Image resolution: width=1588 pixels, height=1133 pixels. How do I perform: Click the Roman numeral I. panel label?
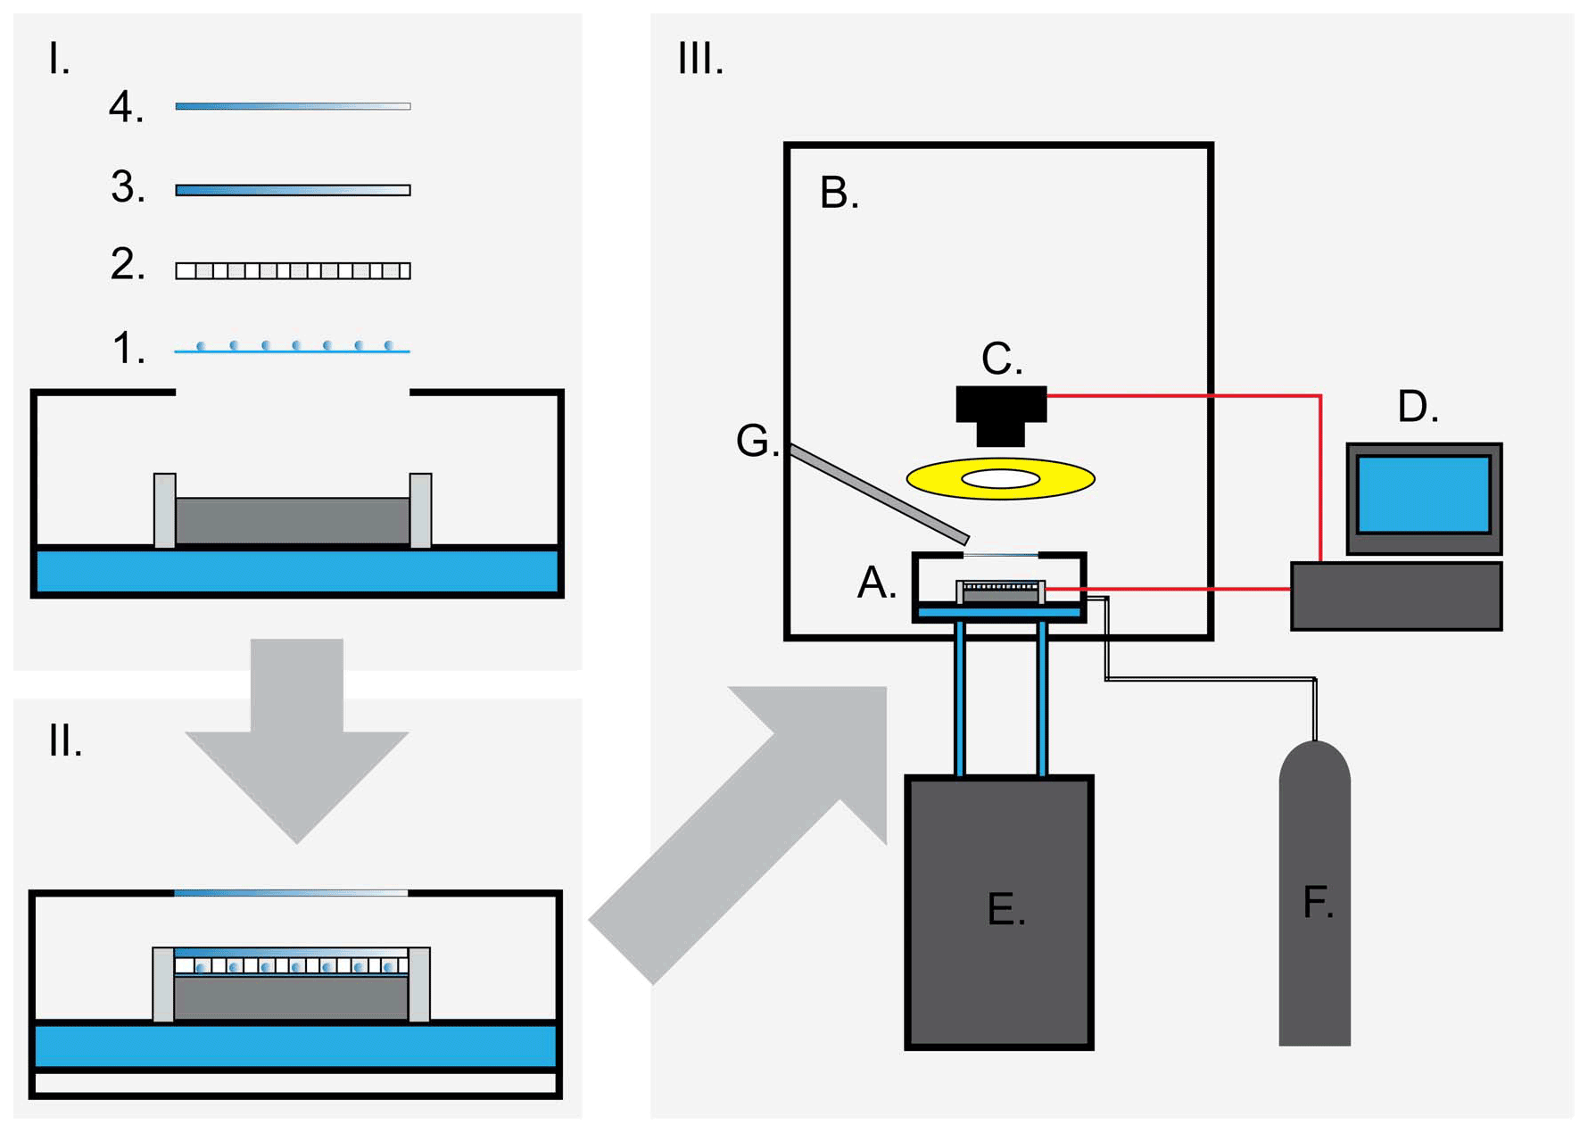(59, 60)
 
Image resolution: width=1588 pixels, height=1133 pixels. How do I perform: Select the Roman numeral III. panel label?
(700, 60)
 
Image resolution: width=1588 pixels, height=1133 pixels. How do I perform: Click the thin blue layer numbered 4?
(293, 106)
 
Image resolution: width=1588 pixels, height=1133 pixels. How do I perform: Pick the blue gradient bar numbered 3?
(293, 190)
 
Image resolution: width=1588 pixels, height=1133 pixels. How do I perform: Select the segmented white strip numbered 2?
(293, 271)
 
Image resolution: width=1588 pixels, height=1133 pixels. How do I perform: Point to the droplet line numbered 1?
(293, 347)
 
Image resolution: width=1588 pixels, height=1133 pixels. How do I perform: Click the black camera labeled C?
(1000, 412)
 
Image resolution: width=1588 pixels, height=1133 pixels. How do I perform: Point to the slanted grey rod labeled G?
(879, 494)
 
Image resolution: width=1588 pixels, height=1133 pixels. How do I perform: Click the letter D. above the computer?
(1418, 408)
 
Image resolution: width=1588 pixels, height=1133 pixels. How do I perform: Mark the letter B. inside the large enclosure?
(839, 194)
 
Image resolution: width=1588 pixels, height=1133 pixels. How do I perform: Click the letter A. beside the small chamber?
(876, 583)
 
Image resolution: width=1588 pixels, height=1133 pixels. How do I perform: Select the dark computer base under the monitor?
(1396, 596)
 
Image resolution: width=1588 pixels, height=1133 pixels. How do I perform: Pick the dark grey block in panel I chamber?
(293, 520)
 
